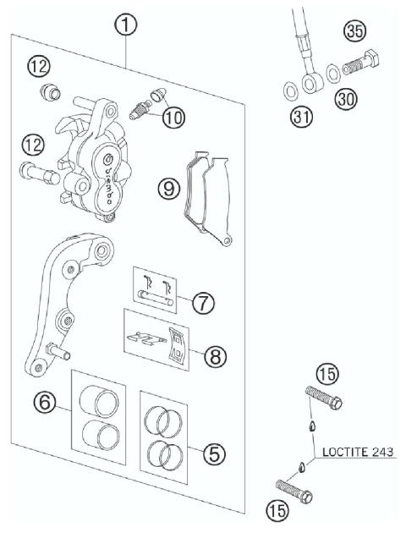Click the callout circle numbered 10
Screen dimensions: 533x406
[173, 118]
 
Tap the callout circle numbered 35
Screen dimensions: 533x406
[354, 33]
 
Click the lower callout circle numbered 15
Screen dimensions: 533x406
[277, 510]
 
